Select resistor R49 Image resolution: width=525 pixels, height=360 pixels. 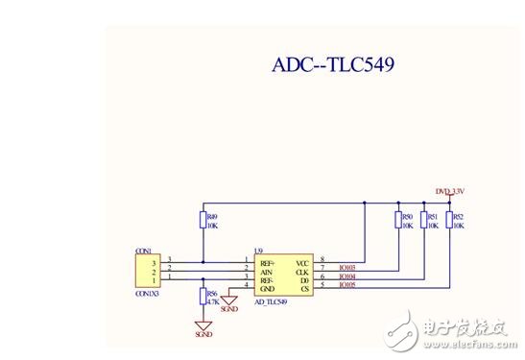tap(203, 221)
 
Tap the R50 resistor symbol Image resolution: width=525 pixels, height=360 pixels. tap(398, 221)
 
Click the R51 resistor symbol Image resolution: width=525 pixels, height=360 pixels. tap(423, 221)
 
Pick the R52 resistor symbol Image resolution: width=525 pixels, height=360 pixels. tap(448, 221)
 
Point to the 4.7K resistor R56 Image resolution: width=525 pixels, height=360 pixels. tap(203, 298)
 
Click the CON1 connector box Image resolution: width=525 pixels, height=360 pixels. tap(147, 269)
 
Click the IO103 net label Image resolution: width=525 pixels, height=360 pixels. tap(348, 267)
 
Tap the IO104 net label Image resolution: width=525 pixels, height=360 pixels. tap(348, 276)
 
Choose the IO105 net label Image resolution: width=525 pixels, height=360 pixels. tap(348, 284)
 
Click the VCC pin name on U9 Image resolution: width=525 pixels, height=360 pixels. tap(302, 262)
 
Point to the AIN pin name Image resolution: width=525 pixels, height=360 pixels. tap(266, 270)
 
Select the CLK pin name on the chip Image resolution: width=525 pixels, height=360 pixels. tap(302, 270)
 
